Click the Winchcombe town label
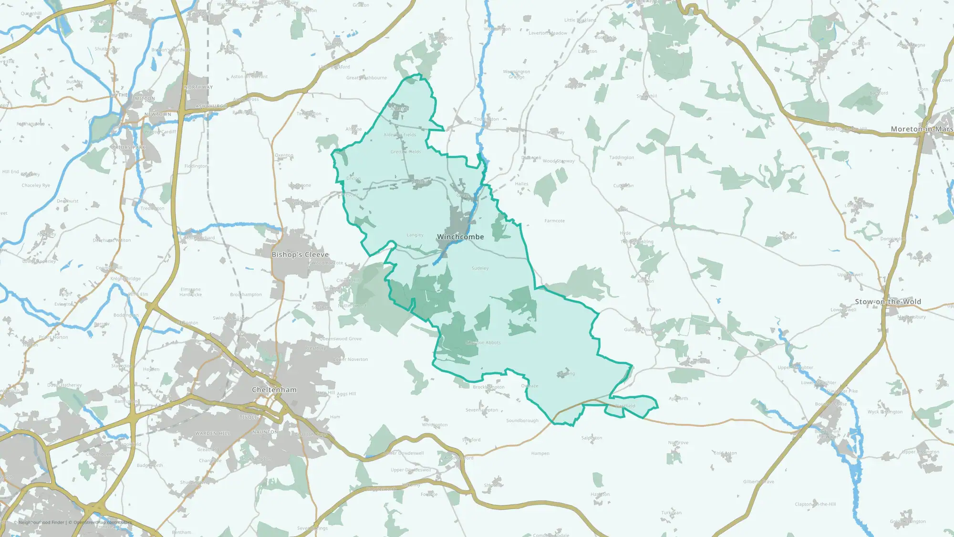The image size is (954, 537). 460,237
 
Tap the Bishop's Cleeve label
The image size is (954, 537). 300,254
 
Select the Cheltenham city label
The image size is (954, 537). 274,390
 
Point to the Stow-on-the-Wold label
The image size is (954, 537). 888,302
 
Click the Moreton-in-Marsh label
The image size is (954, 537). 921,129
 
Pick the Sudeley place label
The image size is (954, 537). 480,268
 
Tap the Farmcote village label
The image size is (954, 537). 554,221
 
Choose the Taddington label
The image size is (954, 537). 622,158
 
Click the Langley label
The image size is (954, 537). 415,235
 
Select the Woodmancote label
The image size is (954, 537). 328,263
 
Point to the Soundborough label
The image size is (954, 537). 522,421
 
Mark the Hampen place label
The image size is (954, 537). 540,453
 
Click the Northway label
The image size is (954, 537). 198,87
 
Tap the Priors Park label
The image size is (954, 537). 128,147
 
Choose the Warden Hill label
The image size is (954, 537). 212,433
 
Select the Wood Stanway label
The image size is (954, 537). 559,161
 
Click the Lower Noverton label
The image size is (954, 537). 351,359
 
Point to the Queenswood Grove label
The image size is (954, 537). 341,339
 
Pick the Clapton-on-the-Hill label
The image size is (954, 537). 815,504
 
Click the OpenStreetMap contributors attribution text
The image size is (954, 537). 100,522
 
